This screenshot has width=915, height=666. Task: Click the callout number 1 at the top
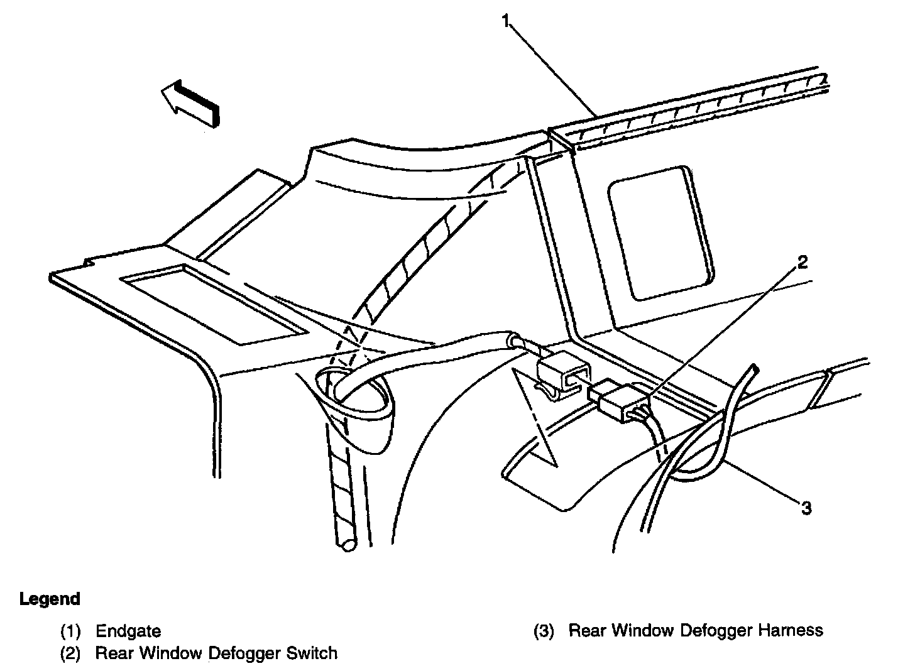click(507, 21)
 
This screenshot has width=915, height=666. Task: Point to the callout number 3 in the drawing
click(806, 507)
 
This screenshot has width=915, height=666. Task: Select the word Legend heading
click(50, 599)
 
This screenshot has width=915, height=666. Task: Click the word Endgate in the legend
click(128, 631)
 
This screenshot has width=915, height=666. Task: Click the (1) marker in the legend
click(72, 631)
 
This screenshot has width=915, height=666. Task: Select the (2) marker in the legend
click(72, 653)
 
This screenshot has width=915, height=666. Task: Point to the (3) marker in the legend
click(545, 630)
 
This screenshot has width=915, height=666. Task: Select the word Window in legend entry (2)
click(171, 653)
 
